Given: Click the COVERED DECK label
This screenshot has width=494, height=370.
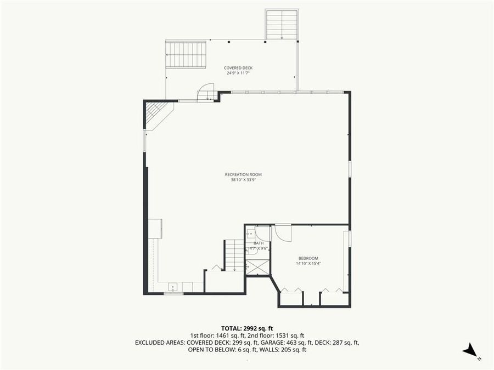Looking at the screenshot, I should point(238,68).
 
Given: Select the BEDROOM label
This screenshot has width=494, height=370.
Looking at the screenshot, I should point(308,258).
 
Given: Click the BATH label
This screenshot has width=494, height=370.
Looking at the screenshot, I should point(259,243).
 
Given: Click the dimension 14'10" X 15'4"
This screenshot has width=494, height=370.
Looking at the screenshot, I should point(308,264).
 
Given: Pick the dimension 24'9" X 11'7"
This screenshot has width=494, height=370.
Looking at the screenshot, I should point(238,73).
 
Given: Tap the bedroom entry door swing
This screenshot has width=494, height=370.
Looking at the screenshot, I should point(283,232).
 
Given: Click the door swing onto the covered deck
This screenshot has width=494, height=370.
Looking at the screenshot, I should point(206,92).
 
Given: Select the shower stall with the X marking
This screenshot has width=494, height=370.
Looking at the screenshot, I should point(259,267).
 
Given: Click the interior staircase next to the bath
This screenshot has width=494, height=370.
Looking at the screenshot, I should point(234,255).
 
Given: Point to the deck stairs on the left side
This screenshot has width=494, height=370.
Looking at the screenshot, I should point(186,54).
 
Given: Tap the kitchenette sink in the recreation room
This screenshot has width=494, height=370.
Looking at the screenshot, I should point(172,286).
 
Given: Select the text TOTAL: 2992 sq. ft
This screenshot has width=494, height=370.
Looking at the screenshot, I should point(246,328).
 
